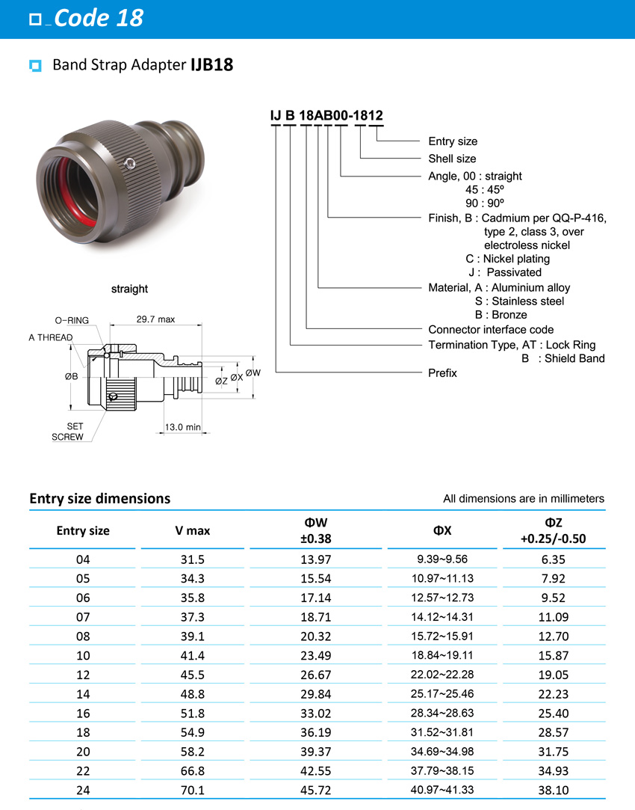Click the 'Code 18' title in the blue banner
click(98, 18)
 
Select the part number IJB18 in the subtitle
click(211, 65)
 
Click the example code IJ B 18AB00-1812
click(326, 115)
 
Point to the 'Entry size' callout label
click(452, 141)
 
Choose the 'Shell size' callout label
click(451, 159)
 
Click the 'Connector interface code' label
click(491, 330)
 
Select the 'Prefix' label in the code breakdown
click(442, 373)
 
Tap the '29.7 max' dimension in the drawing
click(155, 319)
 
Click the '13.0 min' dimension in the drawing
click(183, 427)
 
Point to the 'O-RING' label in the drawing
click(72, 320)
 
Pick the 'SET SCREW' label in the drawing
click(68, 432)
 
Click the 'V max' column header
click(193, 531)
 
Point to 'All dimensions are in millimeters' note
click(523, 499)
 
